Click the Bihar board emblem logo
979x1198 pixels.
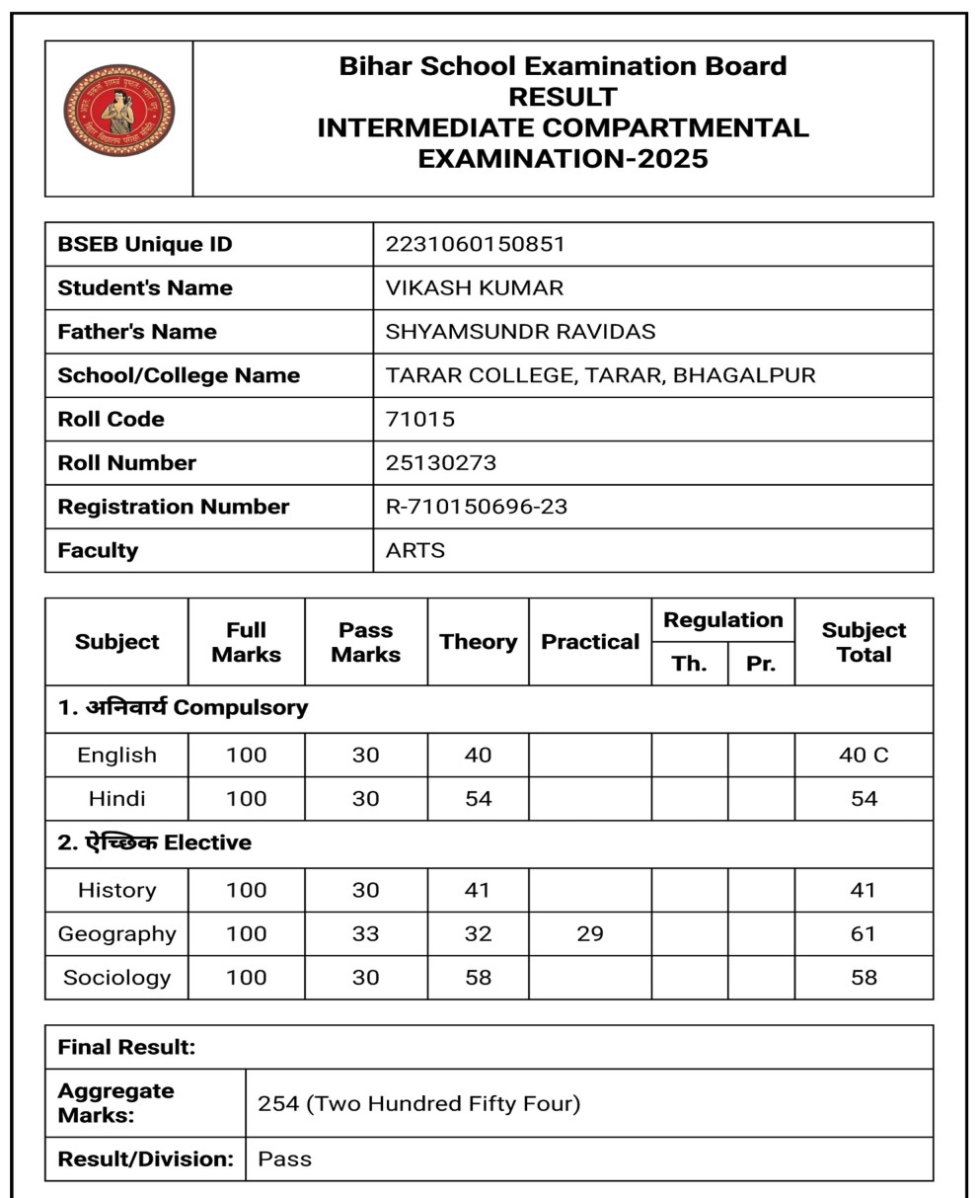click(118, 110)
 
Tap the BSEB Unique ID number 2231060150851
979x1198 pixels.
click(475, 244)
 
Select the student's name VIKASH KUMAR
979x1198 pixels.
click(474, 288)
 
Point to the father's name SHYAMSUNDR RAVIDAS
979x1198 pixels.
click(520, 332)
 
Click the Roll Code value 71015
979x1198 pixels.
click(419, 419)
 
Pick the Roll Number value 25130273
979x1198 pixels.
click(440, 462)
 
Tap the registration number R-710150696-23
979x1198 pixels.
click(476, 507)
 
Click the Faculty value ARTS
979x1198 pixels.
click(414, 550)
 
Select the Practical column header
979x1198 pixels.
click(590, 642)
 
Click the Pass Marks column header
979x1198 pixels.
click(365, 642)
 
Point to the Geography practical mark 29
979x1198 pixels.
click(590, 933)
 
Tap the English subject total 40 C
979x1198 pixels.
click(864, 756)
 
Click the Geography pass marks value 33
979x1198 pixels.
click(365, 933)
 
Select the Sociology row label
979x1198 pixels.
click(116, 978)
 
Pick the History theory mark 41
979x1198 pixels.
click(478, 890)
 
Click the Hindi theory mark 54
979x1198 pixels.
click(478, 798)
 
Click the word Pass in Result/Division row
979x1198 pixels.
click(284, 1158)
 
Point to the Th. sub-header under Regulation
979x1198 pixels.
click(689, 664)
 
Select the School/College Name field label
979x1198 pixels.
click(179, 375)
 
